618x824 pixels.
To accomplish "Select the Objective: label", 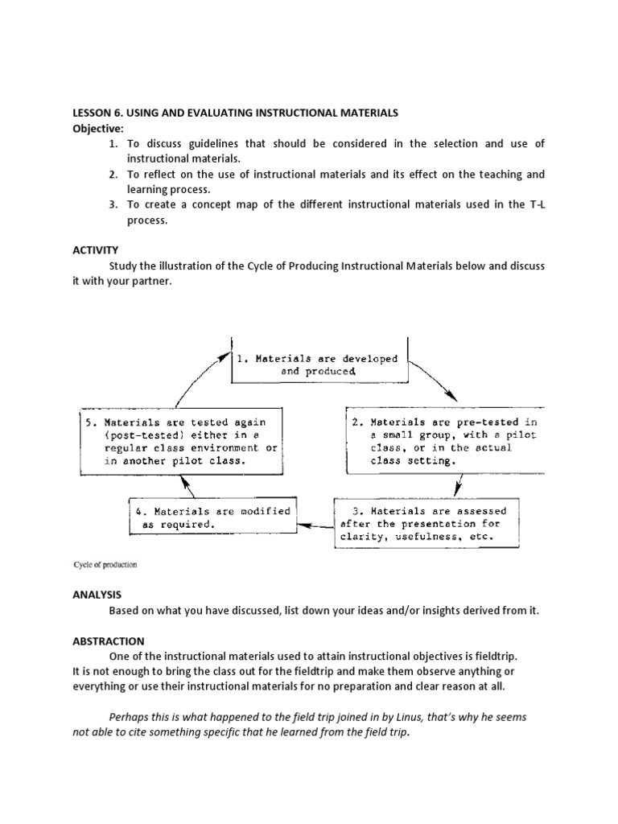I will (x=98, y=129).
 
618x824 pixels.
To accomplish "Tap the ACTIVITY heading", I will (x=95, y=250).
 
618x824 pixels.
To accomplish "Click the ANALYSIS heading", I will (x=97, y=595).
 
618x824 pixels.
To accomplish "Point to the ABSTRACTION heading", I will (x=109, y=641).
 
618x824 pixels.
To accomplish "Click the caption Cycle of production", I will (x=105, y=564).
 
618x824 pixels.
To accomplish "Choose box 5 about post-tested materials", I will (x=181, y=441).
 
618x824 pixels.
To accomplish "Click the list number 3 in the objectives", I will (x=113, y=204).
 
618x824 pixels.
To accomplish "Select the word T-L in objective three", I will (x=536, y=204).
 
